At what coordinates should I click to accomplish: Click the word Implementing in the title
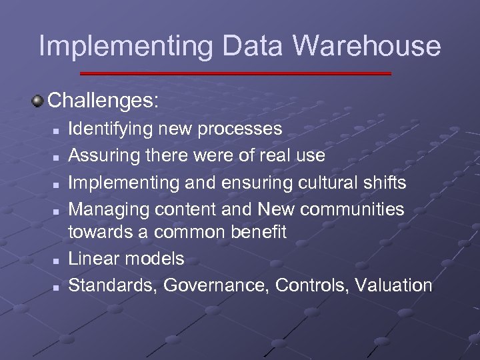tap(126, 47)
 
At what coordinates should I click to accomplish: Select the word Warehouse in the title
tap(367, 45)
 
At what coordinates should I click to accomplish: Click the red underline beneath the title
tap(235, 73)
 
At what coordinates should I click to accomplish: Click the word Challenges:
tap(104, 101)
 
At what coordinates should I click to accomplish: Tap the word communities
tap(352, 209)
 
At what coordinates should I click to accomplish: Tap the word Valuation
tap(394, 285)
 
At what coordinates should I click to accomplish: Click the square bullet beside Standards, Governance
tap(57, 287)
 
